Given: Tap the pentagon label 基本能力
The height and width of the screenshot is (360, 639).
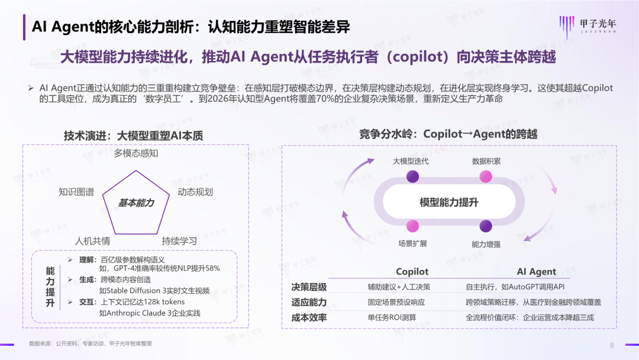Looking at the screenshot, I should (136, 202).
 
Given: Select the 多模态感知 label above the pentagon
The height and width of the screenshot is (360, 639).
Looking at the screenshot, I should (136, 154).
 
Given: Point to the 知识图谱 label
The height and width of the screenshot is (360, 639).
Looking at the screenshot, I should (76, 192).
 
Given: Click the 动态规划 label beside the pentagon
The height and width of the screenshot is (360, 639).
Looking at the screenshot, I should (195, 192).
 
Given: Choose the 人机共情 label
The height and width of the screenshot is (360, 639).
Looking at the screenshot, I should (92, 241).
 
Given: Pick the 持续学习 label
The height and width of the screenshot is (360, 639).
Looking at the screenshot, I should (179, 241).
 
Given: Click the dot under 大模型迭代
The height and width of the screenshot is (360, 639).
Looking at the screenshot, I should (413, 176).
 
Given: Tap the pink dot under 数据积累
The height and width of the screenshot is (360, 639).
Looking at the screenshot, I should (486, 176).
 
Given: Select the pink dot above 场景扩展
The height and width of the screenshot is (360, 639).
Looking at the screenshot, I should (413, 226).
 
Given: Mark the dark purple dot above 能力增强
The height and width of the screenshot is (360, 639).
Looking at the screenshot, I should (486, 226).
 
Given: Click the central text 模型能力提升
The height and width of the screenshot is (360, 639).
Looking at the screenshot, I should (449, 202).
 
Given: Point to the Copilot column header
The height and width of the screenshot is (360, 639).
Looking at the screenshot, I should (412, 272).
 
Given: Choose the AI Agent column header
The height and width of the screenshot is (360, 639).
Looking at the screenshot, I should (536, 272).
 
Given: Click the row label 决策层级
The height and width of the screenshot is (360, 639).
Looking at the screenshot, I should (309, 287).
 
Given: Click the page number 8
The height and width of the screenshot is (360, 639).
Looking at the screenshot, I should (612, 346).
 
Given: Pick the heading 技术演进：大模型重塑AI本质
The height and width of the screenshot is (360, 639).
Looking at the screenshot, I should (133, 136).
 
